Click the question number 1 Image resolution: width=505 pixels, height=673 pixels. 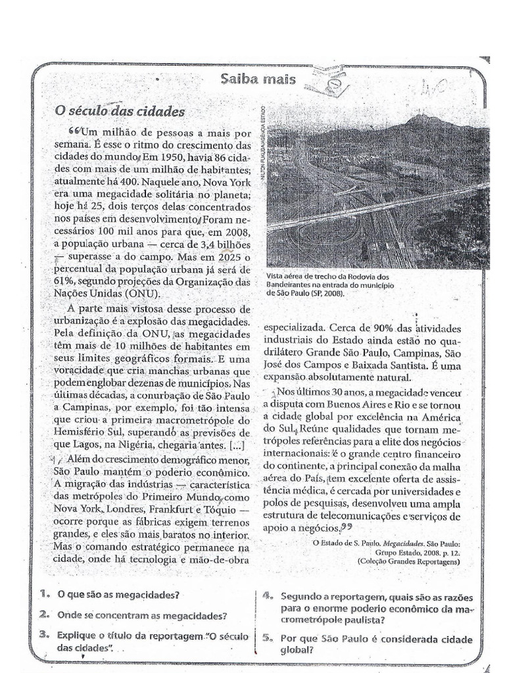coord(44,595)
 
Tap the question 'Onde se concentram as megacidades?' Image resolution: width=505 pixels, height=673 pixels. coord(142,616)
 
